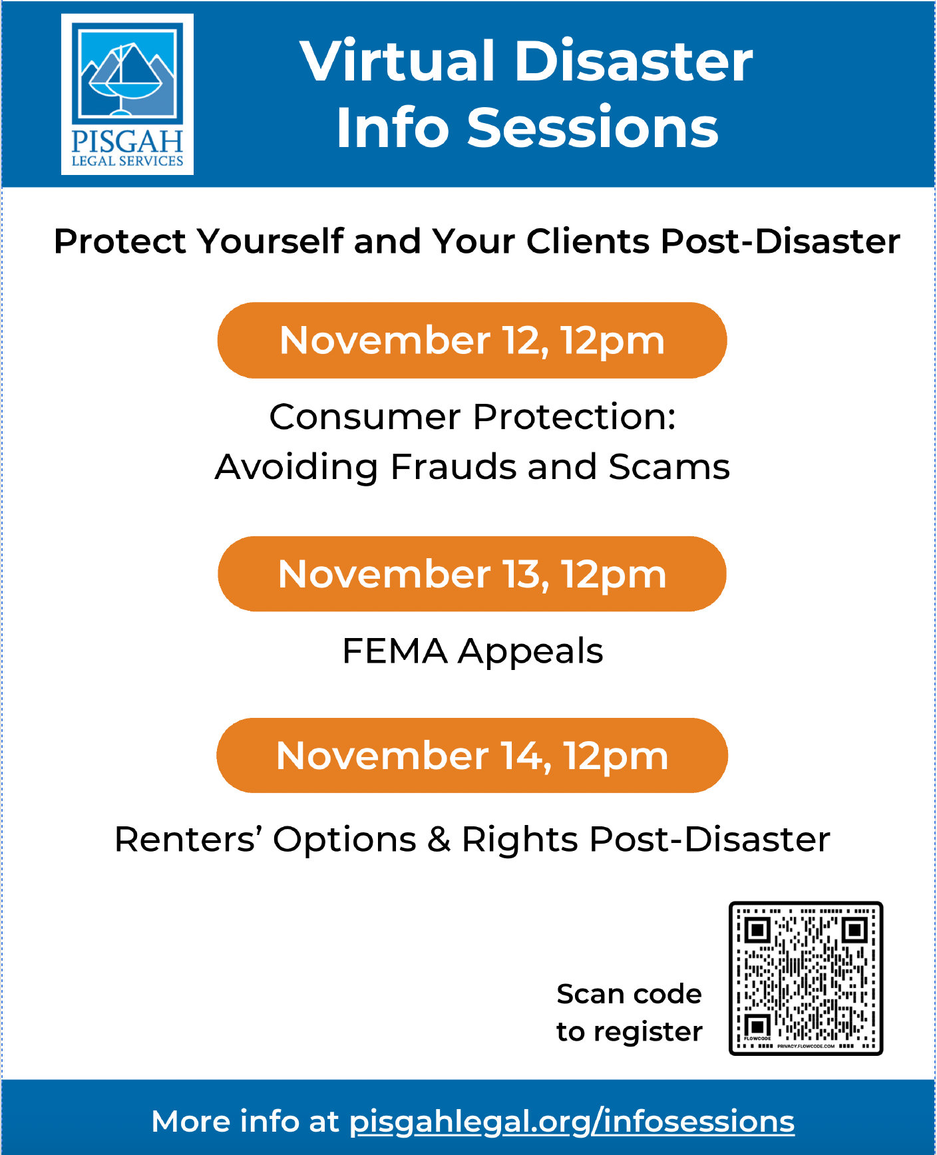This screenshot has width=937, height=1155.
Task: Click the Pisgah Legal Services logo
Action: (127, 94)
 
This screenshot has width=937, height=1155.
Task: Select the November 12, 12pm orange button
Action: (472, 341)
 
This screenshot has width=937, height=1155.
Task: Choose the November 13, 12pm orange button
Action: (472, 574)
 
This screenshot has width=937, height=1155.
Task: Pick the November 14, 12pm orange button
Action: (472, 755)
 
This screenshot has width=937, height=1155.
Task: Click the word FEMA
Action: (395, 651)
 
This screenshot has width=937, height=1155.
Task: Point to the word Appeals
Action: (530, 652)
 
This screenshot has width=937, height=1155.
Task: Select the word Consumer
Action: (365, 417)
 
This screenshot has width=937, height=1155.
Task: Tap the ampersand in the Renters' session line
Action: (439, 839)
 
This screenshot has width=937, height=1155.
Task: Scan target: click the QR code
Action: (806, 978)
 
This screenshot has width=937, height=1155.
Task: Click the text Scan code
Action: (629, 994)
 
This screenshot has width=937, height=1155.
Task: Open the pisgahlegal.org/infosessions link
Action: (572, 1122)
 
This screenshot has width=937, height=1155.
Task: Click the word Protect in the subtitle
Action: (120, 241)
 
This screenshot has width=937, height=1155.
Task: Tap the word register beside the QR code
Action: (648, 1033)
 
